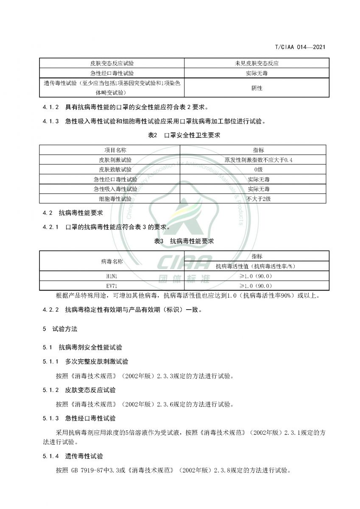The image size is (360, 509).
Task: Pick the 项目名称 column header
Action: [x=110, y=151]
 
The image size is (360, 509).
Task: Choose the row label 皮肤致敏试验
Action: [x=110, y=170]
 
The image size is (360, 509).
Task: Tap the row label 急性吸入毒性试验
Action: [x=110, y=189]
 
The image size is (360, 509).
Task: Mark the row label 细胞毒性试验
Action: [x=110, y=199]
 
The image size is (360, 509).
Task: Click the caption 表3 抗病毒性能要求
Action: [x=184, y=241]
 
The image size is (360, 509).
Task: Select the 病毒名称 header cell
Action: [x=112, y=261]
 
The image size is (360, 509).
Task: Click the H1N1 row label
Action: [x=112, y=276]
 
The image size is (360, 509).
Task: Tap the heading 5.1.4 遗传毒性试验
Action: [x=73, y=456]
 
